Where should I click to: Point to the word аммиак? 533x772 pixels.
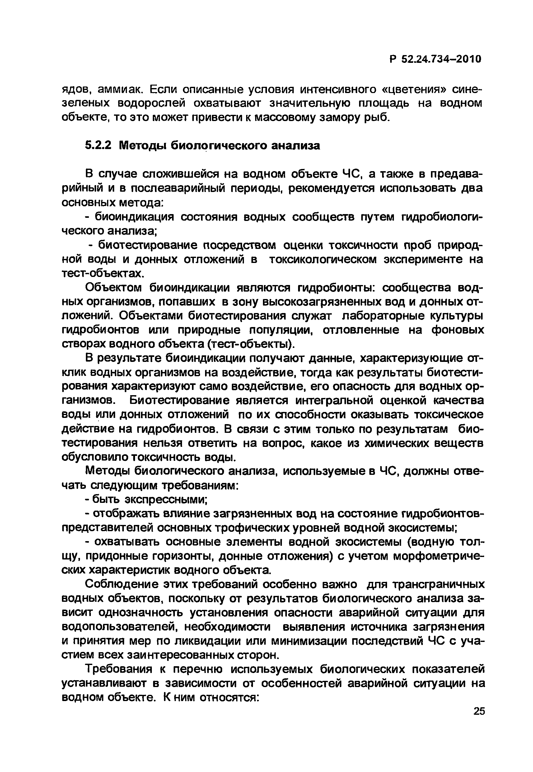pyautogui.click(x=120, y=90)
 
